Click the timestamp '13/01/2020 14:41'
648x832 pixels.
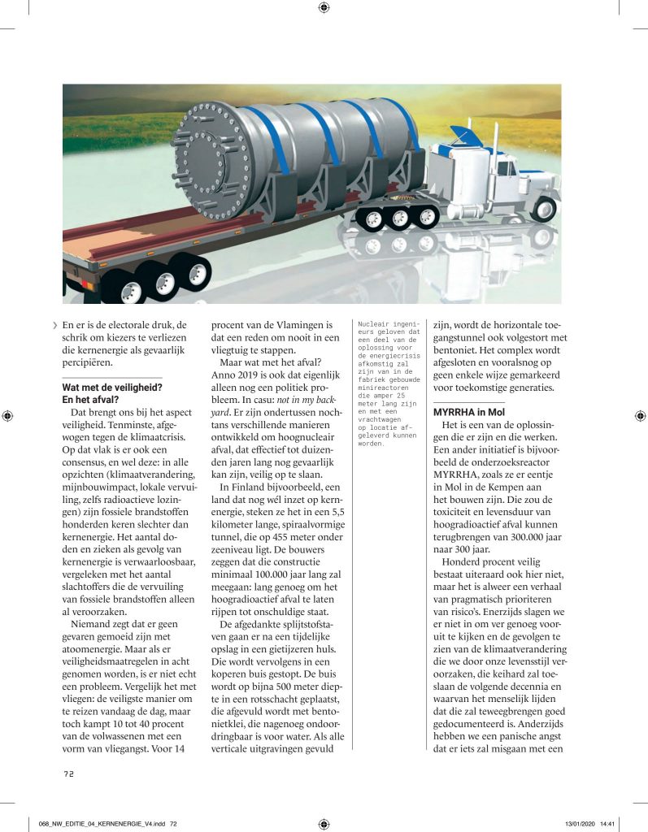coord(587,823)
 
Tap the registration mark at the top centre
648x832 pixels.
coord(324,8)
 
